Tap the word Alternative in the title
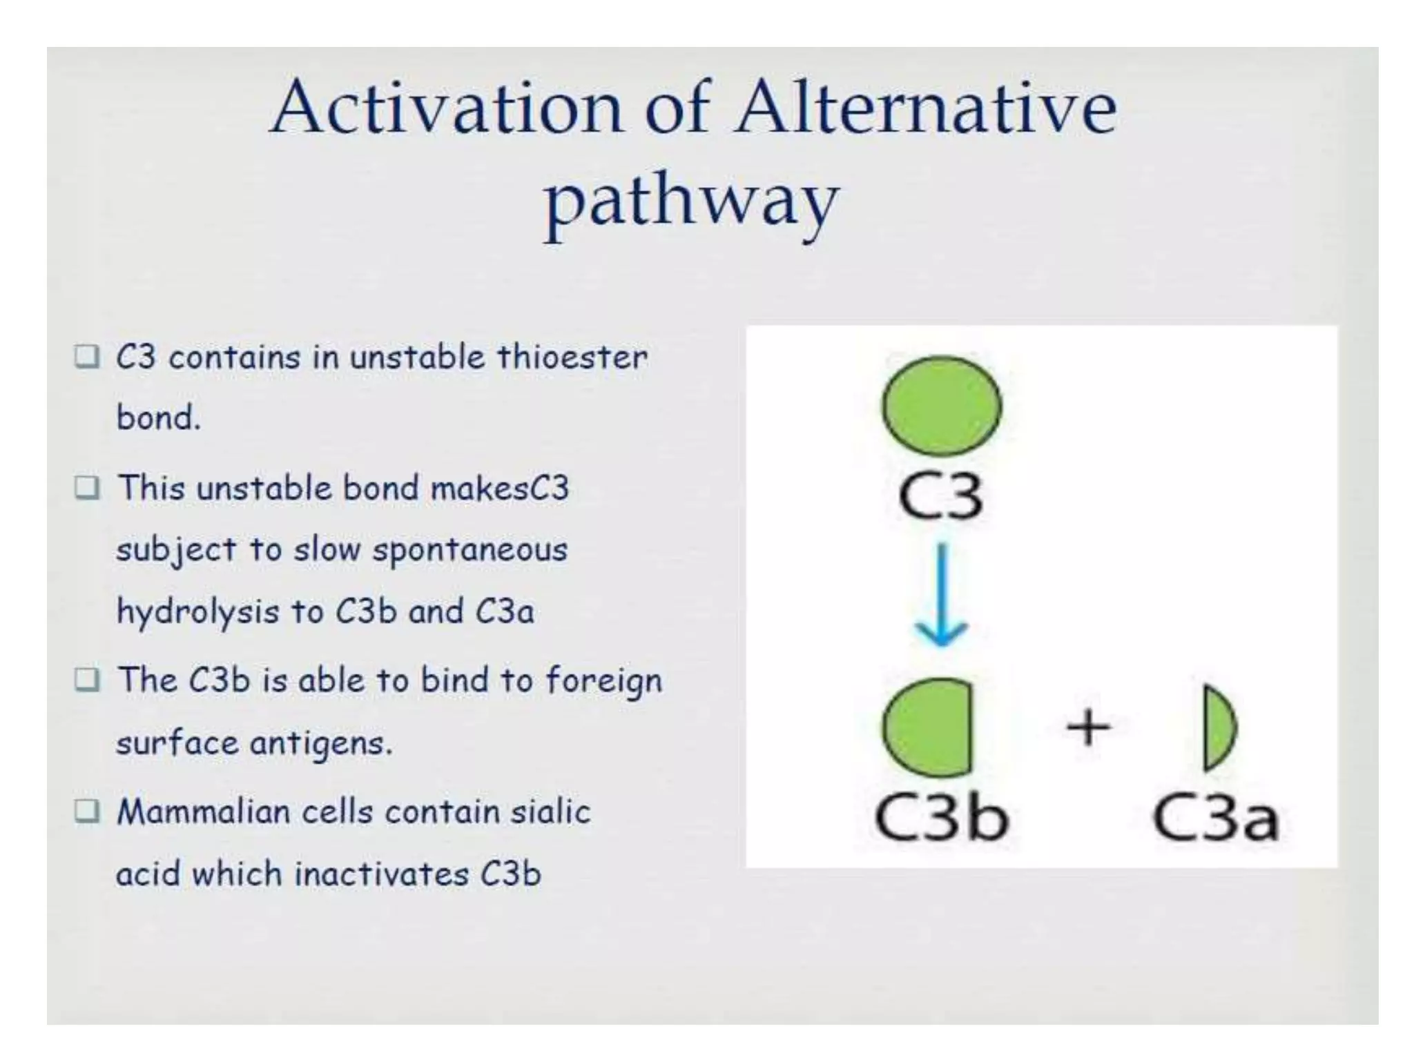tap(925, 108)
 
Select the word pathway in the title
tap(691, 202)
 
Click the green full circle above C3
tap(941, 406)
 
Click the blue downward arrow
tap(942, 593)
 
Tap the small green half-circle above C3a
tap(1218, 727)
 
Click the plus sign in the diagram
tap(1087, 727)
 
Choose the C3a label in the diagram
tap(1215, 820)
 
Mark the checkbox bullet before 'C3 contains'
tap(87, 357)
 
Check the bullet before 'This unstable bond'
tap(87, 488)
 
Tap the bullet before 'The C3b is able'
tap(87, 680)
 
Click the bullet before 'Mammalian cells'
tap(87, 812)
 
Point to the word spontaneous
tap(469, 551)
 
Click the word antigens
tap(320, 744)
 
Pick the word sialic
tap(550, 812)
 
